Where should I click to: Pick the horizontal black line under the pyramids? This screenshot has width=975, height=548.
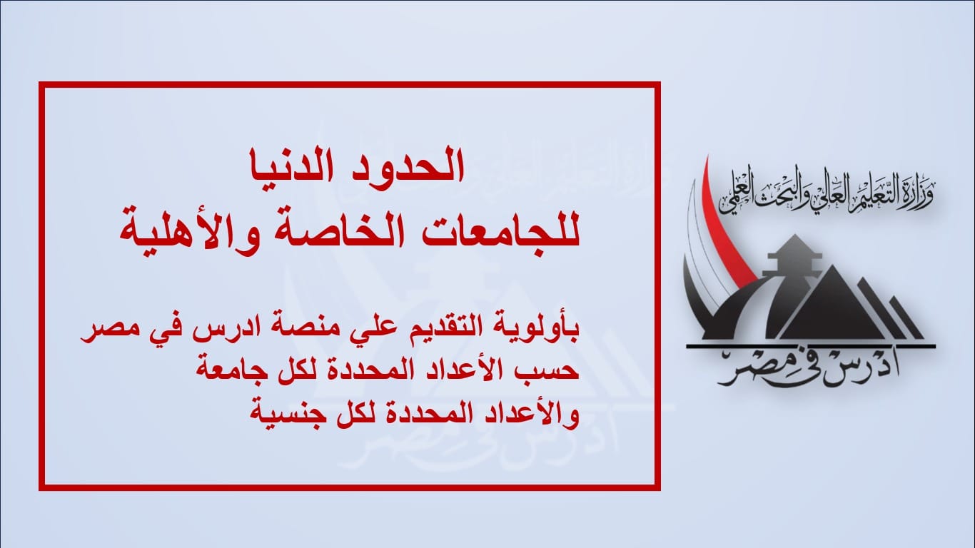pos(810,346)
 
